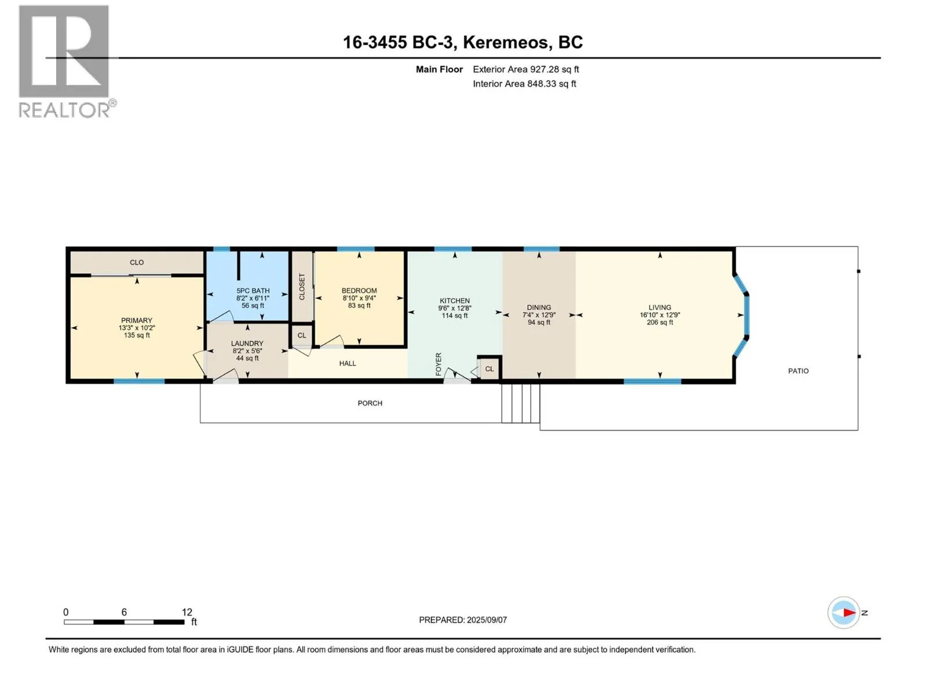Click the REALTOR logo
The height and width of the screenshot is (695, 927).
point(67,61)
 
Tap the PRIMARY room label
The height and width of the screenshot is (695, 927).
point(136,320)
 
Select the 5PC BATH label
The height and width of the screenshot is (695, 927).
point(253,291)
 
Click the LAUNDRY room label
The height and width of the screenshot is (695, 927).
point(247,343)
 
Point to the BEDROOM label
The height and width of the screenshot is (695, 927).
point(359,291)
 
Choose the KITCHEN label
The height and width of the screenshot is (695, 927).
point(454,301)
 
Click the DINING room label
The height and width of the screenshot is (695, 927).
point(539,308)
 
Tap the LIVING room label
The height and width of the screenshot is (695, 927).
point(660,308)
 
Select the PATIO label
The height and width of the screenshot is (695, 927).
point(798,371)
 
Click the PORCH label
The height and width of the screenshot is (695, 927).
point(370,403)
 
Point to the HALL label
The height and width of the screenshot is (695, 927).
point(348,363)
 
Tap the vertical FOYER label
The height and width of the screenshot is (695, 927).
point(439,364)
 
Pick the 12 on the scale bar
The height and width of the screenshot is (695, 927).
point(187,612)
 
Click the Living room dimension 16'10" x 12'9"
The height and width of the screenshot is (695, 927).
point(660,315)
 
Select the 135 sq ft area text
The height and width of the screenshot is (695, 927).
point(136,335)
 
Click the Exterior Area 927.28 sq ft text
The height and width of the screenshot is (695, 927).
point(526,69)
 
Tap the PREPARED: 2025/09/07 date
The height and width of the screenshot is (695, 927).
point(463,620)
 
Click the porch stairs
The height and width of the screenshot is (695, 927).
point(521,403)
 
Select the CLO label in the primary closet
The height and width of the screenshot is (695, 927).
point(136,262)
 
